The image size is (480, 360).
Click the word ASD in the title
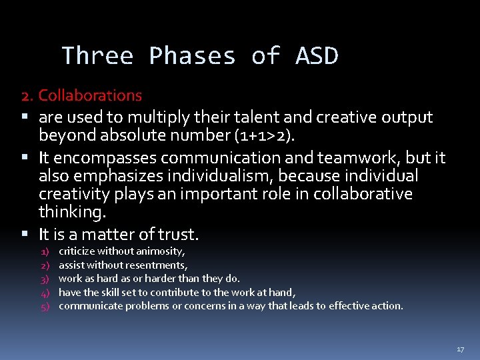(317, 56)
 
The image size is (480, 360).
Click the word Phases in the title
(192, 56)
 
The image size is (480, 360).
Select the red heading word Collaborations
(90, 95)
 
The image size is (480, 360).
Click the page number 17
(460, 349)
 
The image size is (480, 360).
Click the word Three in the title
(97, 56)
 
